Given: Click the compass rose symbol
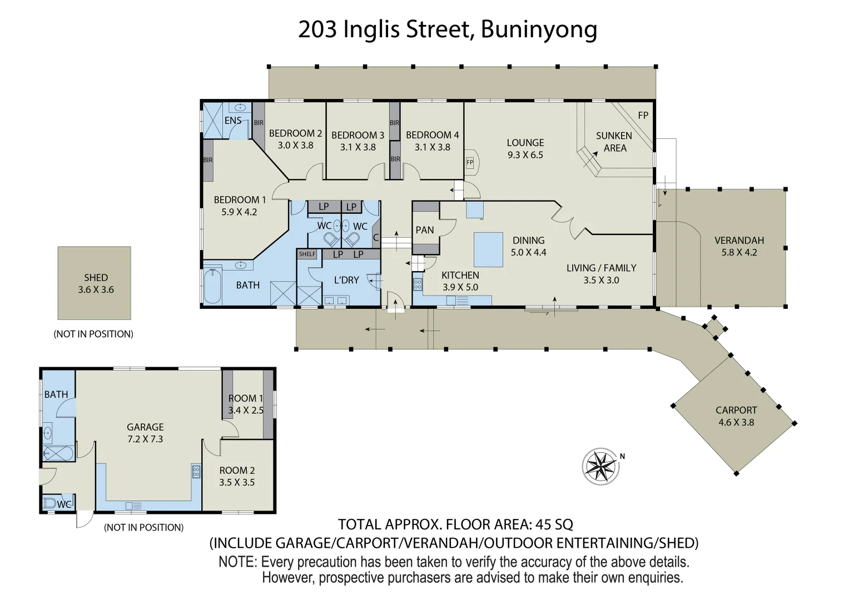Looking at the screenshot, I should click(600, 464).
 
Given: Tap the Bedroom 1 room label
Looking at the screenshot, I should click(240, 199).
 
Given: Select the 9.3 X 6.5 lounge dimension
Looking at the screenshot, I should click(525, 155).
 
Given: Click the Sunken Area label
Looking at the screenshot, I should click(614, 142).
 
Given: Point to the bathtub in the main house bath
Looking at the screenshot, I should click(212, 286).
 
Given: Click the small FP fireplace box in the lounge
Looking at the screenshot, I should click(470, 162).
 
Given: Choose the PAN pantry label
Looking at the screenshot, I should click(425, 230).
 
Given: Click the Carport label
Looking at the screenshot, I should click(736, 410).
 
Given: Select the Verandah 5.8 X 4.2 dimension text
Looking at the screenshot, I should click(739, 252).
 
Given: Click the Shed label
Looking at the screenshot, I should click(96, 277).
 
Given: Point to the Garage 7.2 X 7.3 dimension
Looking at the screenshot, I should click(145, 439).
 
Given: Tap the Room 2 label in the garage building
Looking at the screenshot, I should click(237, 470).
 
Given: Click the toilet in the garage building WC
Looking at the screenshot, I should click(50, 504).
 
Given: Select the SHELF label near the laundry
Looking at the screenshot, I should click(307, 254).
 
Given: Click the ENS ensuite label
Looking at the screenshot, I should click(232, 121).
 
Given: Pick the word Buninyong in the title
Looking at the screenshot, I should click(539, 29).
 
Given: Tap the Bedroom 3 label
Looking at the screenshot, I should click(358, 135).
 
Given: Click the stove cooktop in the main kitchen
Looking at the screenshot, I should click(418, 284).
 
